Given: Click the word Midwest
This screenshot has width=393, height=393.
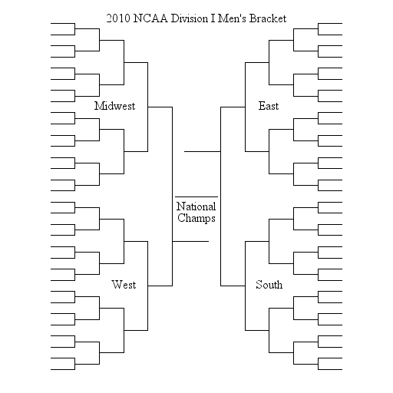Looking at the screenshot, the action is (x=114, y=106).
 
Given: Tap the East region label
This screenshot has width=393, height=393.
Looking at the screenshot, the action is (x=269, y=106).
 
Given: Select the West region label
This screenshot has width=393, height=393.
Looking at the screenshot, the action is (x=124, y=285).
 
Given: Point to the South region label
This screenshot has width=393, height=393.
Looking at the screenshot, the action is (x=269, y=285).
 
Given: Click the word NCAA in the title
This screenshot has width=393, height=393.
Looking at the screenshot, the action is (x=150, y=18).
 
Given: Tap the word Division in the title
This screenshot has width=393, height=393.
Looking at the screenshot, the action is (x=190, y=18).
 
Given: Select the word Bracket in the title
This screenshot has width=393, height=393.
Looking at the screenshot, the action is (x=268, y=18).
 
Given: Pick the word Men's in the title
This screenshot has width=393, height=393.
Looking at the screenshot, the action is (x=232, y=18).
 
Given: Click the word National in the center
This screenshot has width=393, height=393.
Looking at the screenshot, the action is (x=196, y=206).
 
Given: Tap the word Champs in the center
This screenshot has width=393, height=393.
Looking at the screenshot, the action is (x=196, y=218).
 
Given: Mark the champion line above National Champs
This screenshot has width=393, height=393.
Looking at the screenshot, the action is (x=196, y=196).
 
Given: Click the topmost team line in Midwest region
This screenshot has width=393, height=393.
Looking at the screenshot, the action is (x=63, y=24).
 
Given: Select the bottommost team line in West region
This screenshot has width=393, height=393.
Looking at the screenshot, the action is (x=63, y=369).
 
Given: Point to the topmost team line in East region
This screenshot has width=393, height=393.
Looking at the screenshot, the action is (x=330, y=24).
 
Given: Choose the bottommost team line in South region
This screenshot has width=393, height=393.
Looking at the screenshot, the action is (x=330, y=369).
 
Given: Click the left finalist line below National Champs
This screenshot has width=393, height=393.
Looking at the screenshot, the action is (x=190, y=241).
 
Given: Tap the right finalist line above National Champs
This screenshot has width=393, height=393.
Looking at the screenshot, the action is (x=203, y=151).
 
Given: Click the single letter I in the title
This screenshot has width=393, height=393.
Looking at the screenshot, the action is (x=213, y=18).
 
